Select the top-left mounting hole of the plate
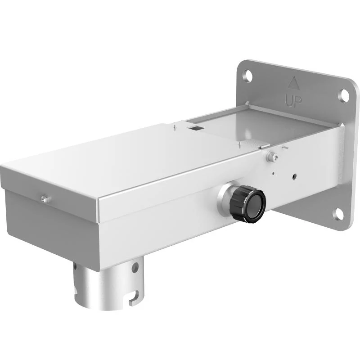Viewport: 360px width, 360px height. [247, 75]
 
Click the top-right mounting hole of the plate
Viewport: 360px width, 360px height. [344, 95]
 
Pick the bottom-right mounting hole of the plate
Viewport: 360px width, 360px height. [338, 215]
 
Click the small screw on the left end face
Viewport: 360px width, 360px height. [44, 198]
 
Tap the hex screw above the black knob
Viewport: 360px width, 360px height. [272, 157]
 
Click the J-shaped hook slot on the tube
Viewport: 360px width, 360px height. [134, 299]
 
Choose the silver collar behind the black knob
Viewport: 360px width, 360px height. [225, 198]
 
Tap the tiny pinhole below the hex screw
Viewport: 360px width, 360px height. [274, 171]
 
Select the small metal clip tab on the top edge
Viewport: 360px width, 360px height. [265, 145]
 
